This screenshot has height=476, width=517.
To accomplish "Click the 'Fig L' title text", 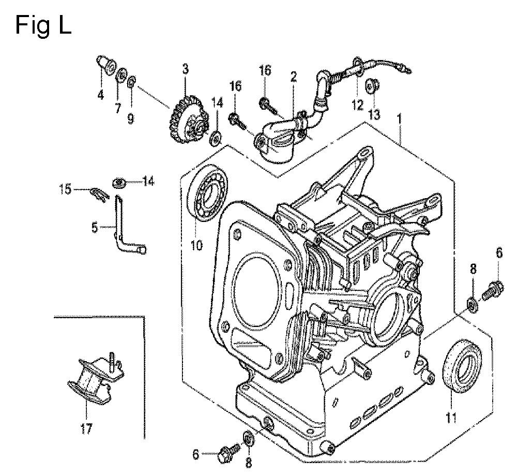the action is (x=43, y=25).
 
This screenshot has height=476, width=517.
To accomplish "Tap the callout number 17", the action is (x=86, y=429).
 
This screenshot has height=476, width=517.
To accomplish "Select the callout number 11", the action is (x=451, y=418).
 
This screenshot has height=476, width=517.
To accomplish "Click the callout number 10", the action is (x=196, y=245).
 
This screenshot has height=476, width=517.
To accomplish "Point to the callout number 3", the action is (x=185, y=69).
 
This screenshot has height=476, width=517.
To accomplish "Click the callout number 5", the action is (x=95, y=227).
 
